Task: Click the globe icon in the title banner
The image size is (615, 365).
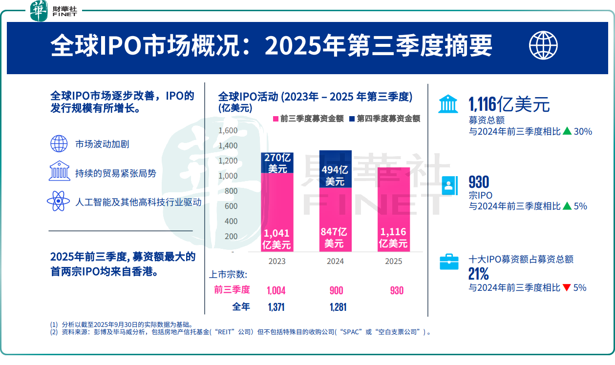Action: [543, 45]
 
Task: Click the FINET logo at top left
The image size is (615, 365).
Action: [54, 11]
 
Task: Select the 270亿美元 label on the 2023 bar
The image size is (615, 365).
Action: [277, 163]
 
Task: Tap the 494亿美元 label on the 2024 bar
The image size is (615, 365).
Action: [335, 176]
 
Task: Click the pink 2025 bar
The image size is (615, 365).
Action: [393, 210]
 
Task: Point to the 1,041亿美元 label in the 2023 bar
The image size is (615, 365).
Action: [277, 239]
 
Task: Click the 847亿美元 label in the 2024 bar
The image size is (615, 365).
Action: [335, 238]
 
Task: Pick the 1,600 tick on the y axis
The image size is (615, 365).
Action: [228, 131]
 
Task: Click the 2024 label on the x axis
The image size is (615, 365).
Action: [335, 262]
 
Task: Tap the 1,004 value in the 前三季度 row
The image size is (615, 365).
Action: [276, 291]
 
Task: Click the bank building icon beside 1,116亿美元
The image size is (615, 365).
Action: [448, 104]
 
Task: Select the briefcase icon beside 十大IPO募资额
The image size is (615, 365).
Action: [449, 261]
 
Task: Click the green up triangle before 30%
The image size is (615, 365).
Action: [567, 131]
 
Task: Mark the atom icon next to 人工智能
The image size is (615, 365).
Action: [59, 201]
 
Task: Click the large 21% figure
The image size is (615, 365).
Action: [479, 273]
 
